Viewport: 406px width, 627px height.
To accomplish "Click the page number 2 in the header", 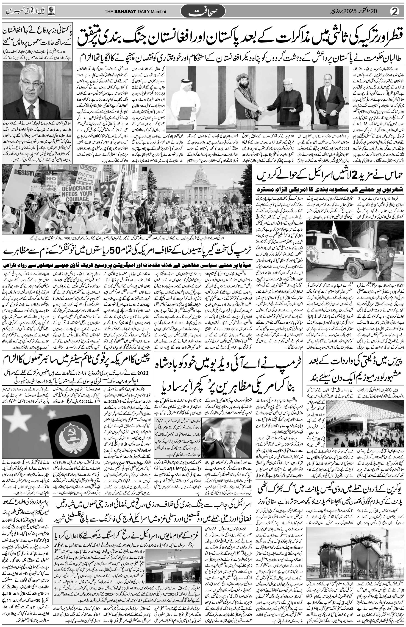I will click(397, 12).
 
